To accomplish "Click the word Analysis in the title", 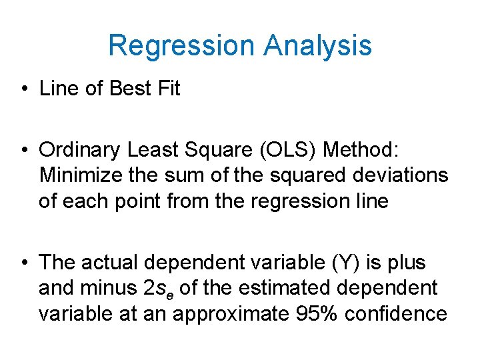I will tap(317, 46).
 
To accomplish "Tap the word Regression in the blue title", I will tap(181, 46).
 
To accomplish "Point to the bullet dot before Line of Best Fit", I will tap(23, 89).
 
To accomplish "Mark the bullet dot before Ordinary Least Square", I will tap(23, 151).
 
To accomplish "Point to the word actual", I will tap(111, 263).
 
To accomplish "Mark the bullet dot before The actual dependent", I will tap(23, 263).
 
